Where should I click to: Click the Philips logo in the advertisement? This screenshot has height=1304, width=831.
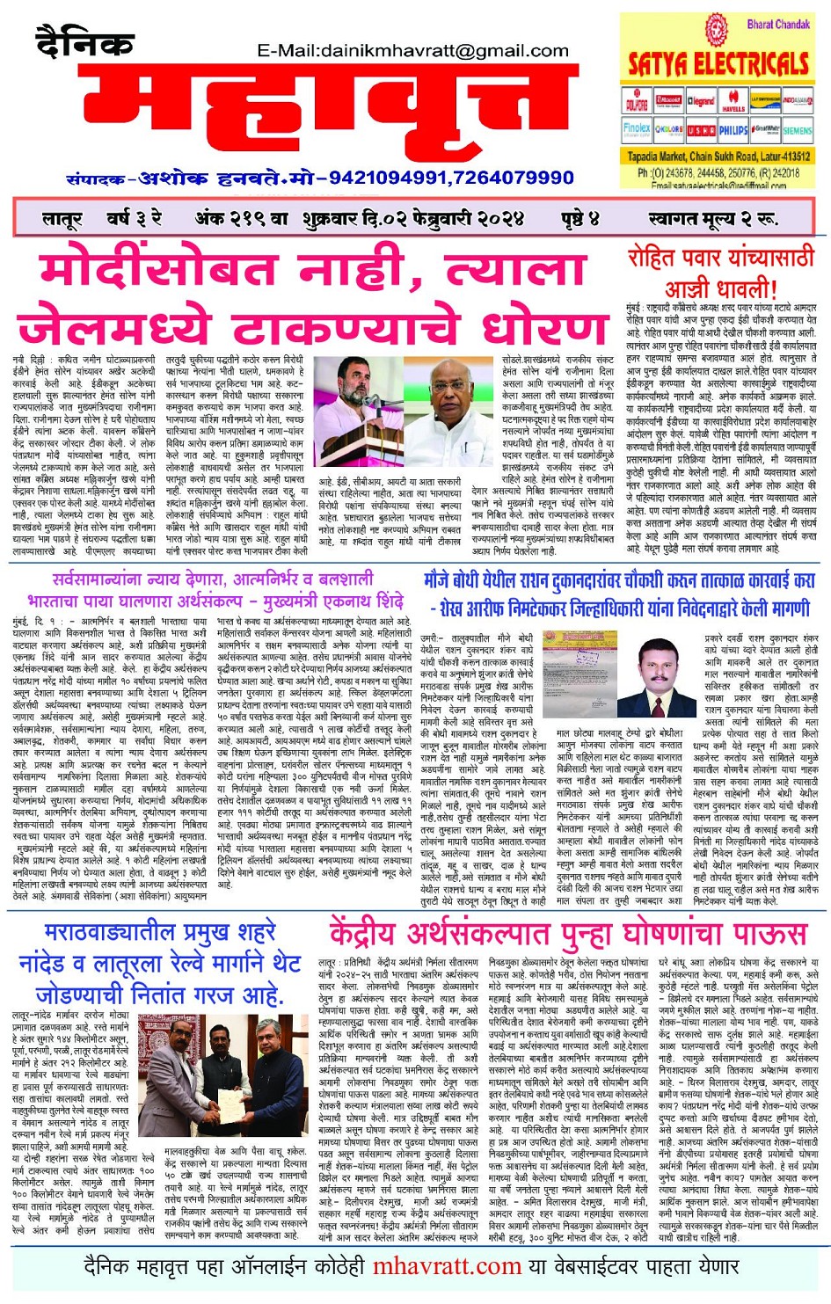point(733,130)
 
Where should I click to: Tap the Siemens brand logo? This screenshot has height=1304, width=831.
point(797,130)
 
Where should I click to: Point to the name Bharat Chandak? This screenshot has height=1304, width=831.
point(777,24)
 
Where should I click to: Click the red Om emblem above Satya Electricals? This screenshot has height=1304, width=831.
point(717,30)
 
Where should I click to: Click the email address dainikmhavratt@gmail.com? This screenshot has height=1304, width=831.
point(417,51)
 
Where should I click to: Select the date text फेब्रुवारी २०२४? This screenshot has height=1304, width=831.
point(456,218)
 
